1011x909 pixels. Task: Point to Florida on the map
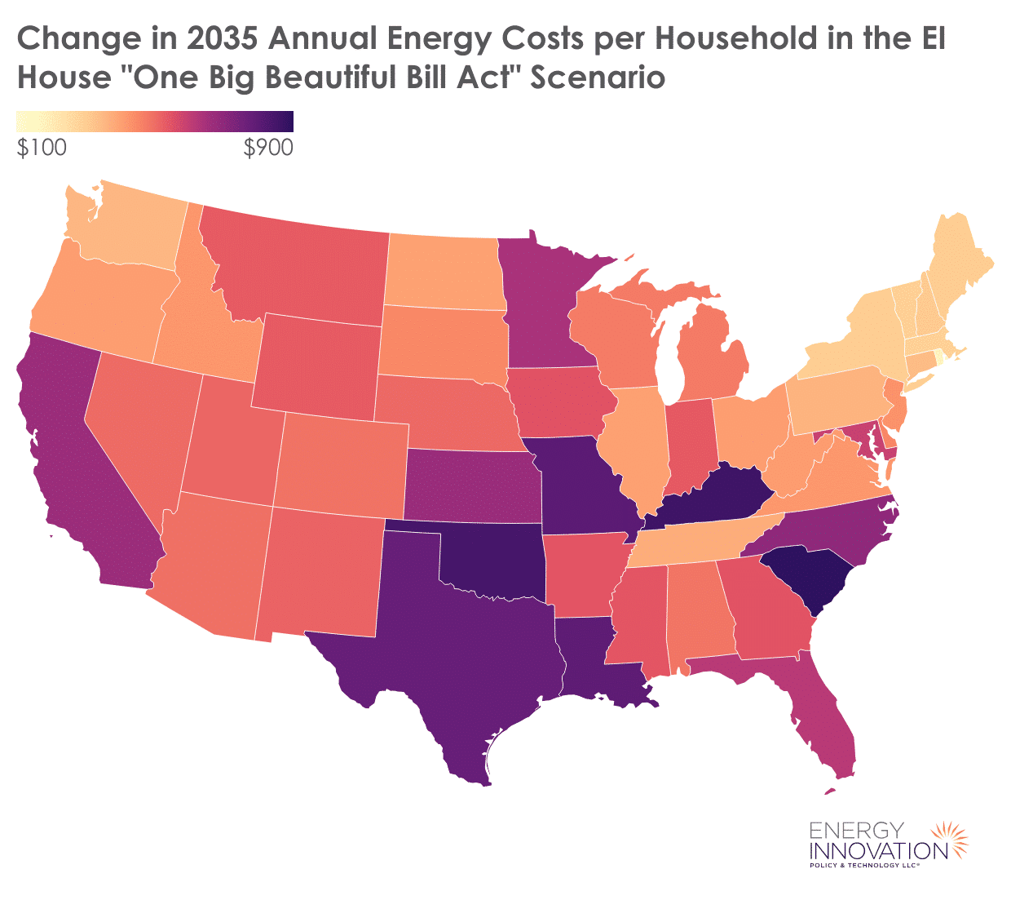tap(823, 718)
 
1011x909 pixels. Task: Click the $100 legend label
tap(42, 148)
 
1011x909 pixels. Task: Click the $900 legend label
tap(268, 148)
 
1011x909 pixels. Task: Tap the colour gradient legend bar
tap(155, 122)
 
